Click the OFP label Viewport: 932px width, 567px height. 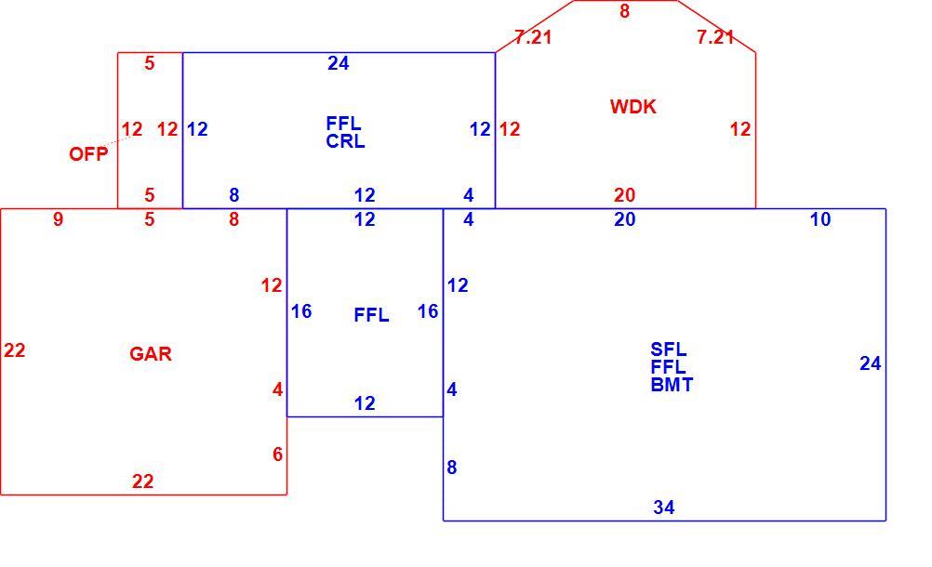tap(88, 154)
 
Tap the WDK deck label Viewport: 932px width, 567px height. tap(633, 107)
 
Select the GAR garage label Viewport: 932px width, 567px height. tap(151, 354)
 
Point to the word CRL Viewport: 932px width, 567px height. tap(345, 142)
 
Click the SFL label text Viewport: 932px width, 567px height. tap(669, 349)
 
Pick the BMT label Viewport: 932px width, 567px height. tap(672, 385)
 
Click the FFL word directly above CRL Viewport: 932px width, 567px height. tap(343, 124)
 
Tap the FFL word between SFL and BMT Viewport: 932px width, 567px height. tap(669, 367)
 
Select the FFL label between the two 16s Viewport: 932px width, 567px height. tap(371, 315)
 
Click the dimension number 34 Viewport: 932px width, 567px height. tap(664, 508)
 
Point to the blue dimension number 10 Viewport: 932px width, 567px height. tap(820, 219)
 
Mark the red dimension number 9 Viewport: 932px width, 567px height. tap(58, 219)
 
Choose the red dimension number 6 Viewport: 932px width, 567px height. tap(277, 455)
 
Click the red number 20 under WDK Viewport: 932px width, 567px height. tap(625, 195)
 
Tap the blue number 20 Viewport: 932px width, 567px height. tap(625, 219)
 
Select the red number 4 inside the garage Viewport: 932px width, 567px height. tap(277, 389)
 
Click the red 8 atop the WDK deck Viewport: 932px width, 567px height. tap(624, 10)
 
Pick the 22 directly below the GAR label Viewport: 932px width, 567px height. tap(142, 481)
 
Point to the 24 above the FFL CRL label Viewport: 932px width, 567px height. tap(339, 63)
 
